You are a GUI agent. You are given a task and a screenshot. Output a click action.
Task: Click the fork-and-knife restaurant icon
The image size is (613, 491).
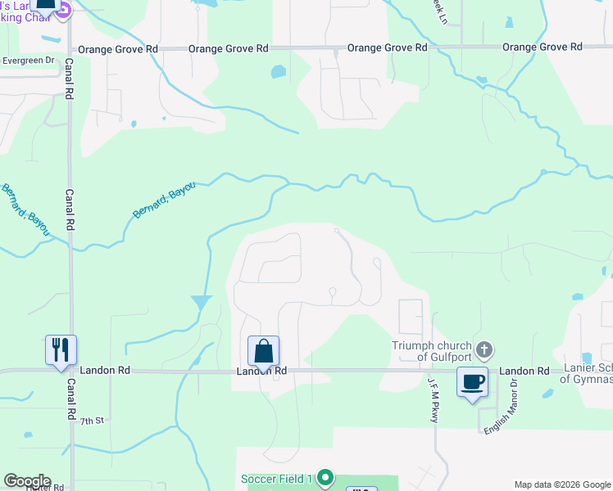click(x=61, y=350)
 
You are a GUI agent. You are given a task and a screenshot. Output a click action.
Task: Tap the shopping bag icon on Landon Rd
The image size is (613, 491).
click(x=263, y=351)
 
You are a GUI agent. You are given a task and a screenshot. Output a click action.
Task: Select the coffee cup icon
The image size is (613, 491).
click(x=472, y=381)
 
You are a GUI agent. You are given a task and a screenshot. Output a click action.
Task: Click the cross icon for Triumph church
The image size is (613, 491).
click(x=484, y=350)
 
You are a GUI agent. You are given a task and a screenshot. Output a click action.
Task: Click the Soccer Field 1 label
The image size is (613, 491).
click(x=277, y=479)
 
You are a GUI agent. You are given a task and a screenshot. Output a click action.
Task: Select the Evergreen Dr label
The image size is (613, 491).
click(x=28, y=60)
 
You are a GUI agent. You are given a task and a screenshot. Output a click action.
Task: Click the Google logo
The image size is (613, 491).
click(x=27, y=481)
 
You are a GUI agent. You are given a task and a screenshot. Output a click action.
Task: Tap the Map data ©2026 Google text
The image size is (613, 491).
click(x=561, y=484)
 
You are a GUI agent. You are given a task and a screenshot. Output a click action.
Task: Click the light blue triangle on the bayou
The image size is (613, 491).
click(x=202, y=302)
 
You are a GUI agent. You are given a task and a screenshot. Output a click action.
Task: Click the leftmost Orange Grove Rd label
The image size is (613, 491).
click(x=128, y=49)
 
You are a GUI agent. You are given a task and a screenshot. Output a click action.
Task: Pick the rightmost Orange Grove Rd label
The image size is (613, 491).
click(x=542, y=47)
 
